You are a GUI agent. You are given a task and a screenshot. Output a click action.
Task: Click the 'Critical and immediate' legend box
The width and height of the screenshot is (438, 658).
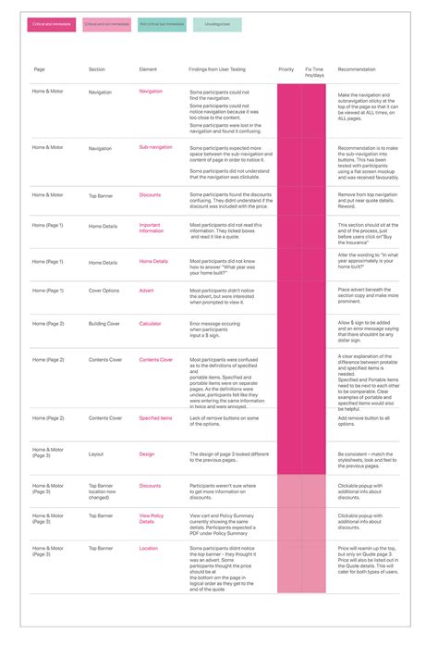click(x=52, y=25)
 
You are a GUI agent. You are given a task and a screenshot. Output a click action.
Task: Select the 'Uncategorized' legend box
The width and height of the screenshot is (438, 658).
click(x=217, y=25)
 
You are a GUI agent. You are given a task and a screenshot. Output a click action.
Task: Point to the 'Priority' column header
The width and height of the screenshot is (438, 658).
click(x=286, y=69)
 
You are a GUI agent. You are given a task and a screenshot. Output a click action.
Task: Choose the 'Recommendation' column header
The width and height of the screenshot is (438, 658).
click(x=358, y=69)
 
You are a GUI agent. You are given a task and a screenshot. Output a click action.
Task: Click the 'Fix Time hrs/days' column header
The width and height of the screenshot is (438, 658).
click(x=314, y=71)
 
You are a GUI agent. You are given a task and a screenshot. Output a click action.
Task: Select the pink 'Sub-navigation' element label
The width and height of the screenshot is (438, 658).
click(x=155, y=147)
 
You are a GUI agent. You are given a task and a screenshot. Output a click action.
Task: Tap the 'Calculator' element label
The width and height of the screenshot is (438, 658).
click(x=150, y=324)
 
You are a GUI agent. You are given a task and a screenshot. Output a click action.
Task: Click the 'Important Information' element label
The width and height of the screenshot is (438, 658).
click(x=151, y=228)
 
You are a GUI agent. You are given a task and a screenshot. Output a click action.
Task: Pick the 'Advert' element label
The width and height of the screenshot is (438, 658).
click(x=146, y=291)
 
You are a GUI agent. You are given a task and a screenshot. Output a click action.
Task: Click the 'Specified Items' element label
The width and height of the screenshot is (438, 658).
click(x=155, y=417)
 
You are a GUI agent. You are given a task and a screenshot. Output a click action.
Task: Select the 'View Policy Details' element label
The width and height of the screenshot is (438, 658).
click(x=152, y=518)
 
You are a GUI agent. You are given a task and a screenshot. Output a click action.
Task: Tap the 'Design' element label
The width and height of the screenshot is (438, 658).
click(x=147, y=454)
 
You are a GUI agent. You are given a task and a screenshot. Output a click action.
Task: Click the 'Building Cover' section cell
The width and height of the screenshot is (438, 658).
click(x=104, y=324)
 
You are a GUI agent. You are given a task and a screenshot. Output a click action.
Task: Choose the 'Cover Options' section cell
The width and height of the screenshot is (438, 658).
click(x=103, y=291)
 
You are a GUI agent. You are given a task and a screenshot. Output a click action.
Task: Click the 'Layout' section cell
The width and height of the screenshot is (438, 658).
click(x=96, y=454)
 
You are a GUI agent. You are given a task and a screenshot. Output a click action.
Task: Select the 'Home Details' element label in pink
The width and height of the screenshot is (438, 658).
click(x=153, y=262)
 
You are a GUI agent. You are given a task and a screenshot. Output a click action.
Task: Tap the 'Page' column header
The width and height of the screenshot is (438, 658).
click(x=39, y=69)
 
